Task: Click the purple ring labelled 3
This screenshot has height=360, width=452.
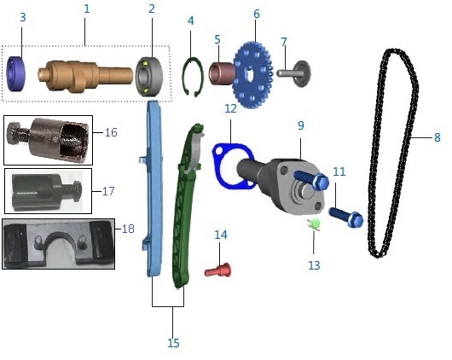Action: (15, 73)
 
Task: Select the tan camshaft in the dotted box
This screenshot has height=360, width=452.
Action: (85, 76)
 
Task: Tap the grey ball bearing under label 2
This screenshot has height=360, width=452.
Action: (149, 77)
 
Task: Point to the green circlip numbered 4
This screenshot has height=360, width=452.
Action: (193, 77)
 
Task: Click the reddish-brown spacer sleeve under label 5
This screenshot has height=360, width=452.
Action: (222, 73)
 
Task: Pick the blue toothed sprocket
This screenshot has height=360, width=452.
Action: (252, 75)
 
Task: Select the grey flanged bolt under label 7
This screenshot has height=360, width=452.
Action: (294, 73)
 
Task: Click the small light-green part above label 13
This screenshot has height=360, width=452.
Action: (315, 224)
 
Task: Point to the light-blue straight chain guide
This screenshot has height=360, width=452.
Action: (153, 188)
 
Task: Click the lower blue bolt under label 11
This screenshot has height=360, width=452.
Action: (346, 217)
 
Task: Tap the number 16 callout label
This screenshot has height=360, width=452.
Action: (111, 132)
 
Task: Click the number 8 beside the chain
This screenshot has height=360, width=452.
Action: (438, 137)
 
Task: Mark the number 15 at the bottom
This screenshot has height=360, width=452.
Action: (173, 343)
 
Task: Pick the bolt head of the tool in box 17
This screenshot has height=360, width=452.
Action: (76, 189)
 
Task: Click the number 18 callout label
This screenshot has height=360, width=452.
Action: (128, 229)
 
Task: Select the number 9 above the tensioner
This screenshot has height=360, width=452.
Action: (301, 125)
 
